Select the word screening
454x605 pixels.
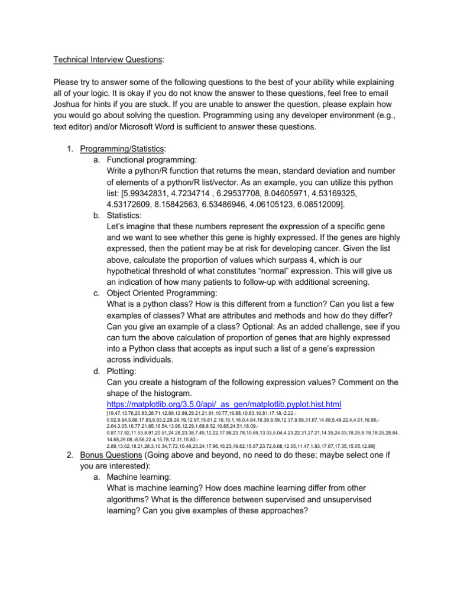coord(345,283)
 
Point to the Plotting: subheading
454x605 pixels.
coord(122,372)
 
